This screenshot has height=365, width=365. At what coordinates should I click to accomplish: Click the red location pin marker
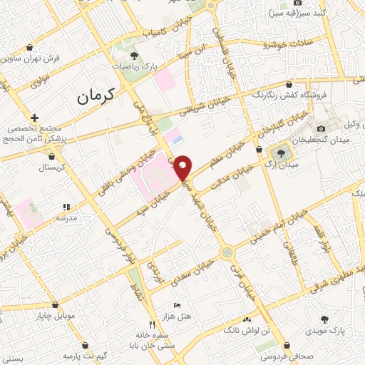coord(183,166)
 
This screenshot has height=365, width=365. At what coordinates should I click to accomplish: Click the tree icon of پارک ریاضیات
coord(135,55)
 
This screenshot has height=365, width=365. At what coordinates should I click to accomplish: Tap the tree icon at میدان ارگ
coord(277,152)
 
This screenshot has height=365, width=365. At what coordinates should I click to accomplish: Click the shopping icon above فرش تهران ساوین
coord(29,47)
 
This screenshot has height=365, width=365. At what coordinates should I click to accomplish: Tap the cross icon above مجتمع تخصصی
coord(34,118)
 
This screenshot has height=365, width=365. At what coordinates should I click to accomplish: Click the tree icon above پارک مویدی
coord(325,319)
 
